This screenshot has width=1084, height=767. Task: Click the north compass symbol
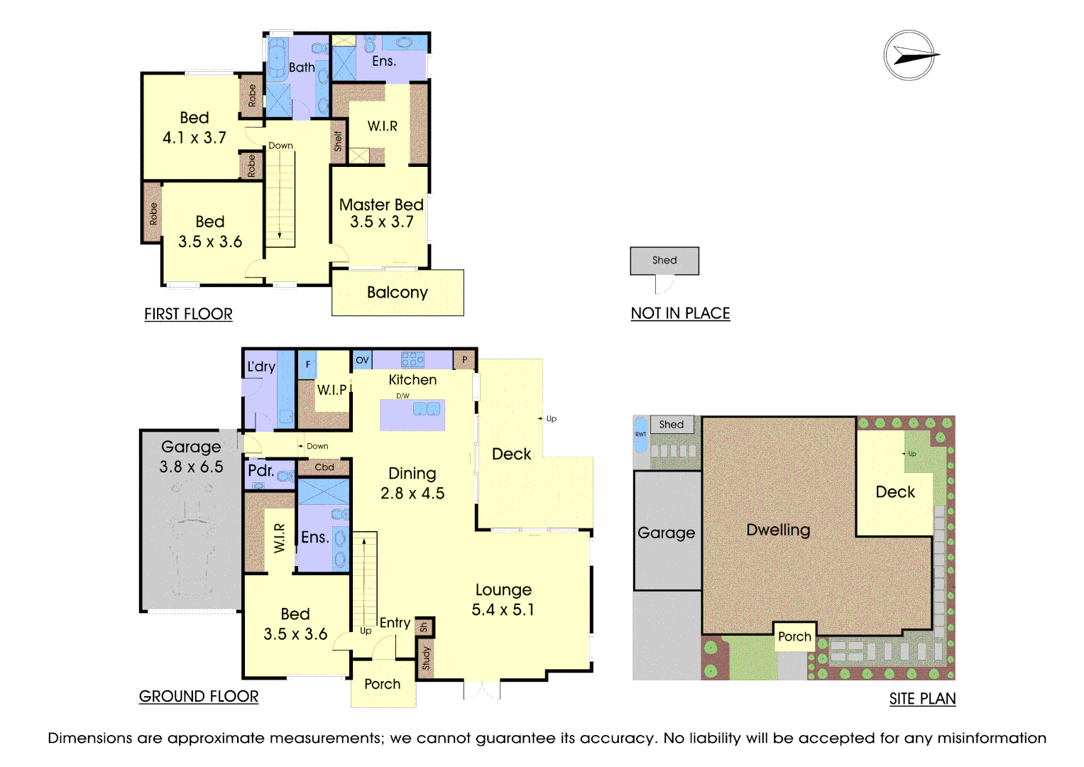pos(910,55)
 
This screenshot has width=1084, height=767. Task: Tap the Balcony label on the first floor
pos(398,293)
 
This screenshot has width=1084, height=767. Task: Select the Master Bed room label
pos(381,205)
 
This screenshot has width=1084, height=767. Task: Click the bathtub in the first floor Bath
pos(277,58)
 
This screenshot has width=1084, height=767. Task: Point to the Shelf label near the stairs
pos(338,141)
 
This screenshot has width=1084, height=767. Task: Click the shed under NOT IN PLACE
pos(664,261)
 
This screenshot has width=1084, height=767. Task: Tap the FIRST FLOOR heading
pos(188,314)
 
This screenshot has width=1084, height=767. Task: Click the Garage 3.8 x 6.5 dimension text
pos(191,467)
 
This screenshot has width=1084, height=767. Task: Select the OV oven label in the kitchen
pos(362,360)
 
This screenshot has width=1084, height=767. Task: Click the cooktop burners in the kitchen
pos(412,359)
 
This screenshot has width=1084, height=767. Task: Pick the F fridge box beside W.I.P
pos(307,364)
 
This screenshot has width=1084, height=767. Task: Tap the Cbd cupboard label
pos(324,467)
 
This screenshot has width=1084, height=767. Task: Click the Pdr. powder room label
pos(261,471)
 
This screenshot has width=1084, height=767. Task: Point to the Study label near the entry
pos(426,658)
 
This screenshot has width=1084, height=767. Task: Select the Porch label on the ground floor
pos(383,684)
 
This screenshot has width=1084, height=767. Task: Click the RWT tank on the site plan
pos(641,435)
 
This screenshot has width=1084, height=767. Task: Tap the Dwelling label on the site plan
pos(778,531)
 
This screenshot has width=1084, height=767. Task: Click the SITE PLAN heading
pos(922,699)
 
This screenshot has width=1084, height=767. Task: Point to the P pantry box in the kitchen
pos(464,360)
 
